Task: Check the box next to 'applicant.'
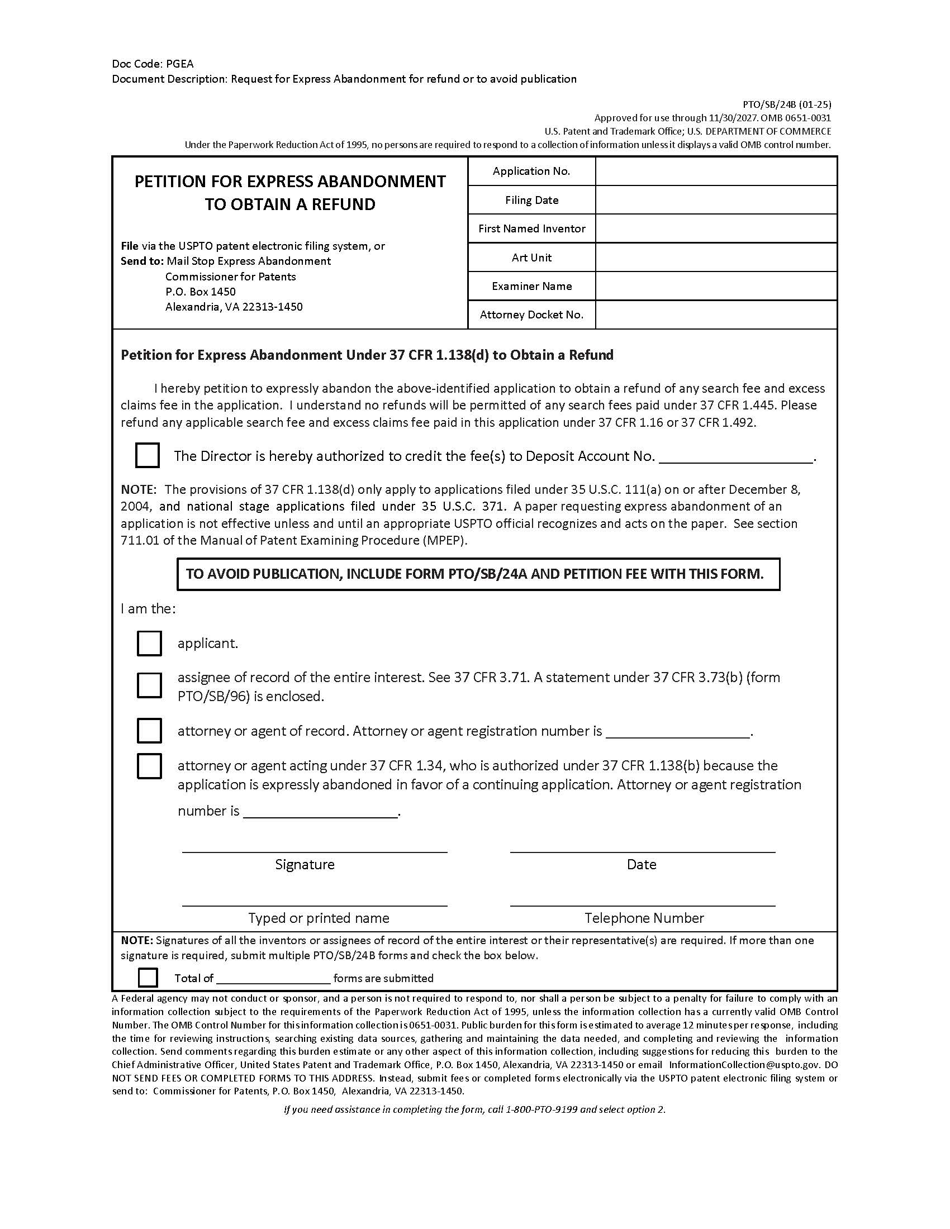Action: (149, 643)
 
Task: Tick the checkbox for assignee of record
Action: (149, 685)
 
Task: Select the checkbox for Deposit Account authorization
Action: (148, 455)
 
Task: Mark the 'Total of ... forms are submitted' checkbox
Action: (148, 978)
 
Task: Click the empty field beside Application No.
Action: (716, 171)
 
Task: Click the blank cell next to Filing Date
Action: (716, 200)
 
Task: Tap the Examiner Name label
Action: (531, 286)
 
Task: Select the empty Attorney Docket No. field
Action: (716, 315)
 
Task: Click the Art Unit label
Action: (531, 257)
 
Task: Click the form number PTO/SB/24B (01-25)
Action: (787, 104)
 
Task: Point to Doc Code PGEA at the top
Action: (153, 64)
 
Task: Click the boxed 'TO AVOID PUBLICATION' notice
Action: (478, 574)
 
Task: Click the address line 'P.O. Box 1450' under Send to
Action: (201, 292)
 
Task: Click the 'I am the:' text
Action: (148, 608)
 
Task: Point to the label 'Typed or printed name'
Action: (319, 918)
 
